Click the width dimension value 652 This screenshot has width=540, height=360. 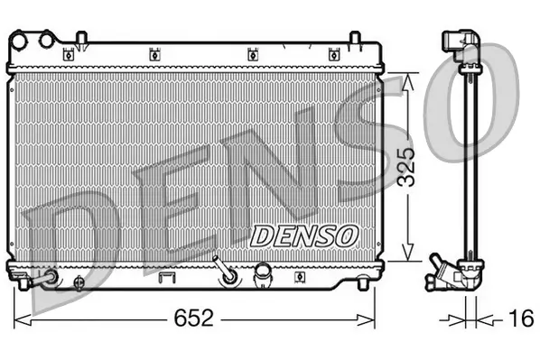pyautogui.click(x=193, y=318)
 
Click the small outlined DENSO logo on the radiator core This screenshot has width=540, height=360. pyautogui.click(x=303, y=235)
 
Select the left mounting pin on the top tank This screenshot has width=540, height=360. pyautogui.click(x=80, y=37)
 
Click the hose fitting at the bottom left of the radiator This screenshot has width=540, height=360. pyautogui.click(x=43, y=279)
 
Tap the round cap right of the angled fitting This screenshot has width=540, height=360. pyautogui.click(x=263, y=272)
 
